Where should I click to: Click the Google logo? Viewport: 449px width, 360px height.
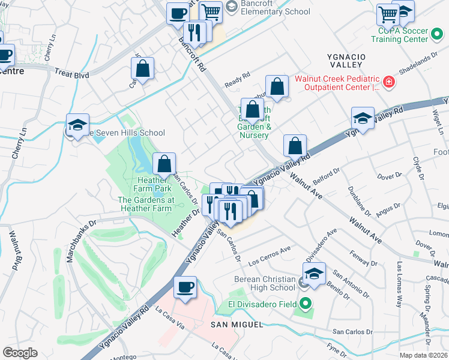[x=19, y=353]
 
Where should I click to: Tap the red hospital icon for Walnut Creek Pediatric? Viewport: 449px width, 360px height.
[x=389, y=82]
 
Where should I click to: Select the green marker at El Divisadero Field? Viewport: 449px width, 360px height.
[x=306, y=304]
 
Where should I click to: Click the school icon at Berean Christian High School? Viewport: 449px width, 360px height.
[x=314, y=274]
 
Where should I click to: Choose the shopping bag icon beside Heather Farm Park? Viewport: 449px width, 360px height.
[x=164, y=163]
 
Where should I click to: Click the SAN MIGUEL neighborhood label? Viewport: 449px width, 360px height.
[x=237, y=325]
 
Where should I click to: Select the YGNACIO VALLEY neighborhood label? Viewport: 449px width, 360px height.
[x=345, y=59]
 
